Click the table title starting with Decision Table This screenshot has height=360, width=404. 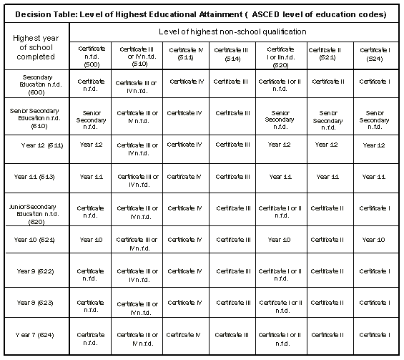click(202, 14)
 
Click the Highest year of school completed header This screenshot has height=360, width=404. click(35, 47)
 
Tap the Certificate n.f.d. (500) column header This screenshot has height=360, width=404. click(91, 54)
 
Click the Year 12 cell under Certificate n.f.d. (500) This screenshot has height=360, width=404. click(91, 145)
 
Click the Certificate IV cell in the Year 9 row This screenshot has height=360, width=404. click(186, 271)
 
